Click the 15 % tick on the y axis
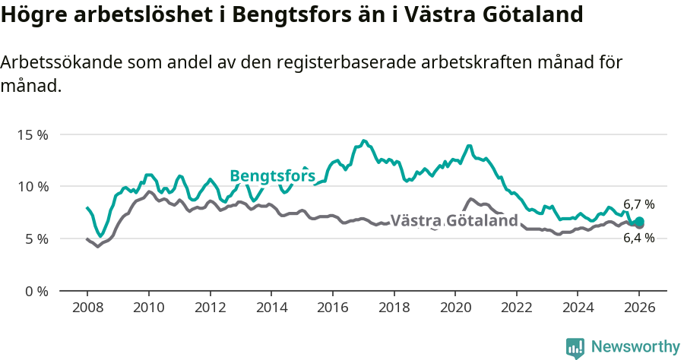click(32, 134)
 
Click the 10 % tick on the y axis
click(32, 186)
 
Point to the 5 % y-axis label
click(35, 238)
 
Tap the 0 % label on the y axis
click(35, 291)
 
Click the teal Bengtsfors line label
click(272, 176)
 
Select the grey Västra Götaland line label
click(454, 221)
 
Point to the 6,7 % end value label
click(638, 204)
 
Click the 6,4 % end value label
click(638, 238)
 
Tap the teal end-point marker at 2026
click(639, 222)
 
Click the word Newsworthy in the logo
click(635, 346)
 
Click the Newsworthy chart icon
click(575, 347)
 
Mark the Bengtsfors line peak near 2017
click(364, 141)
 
